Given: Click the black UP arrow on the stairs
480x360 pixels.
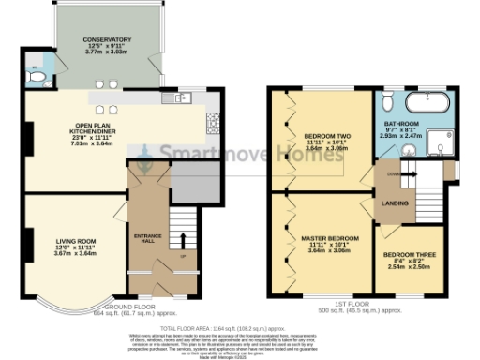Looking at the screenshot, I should [182, 237].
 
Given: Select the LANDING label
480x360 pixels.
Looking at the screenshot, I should [392, 202].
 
